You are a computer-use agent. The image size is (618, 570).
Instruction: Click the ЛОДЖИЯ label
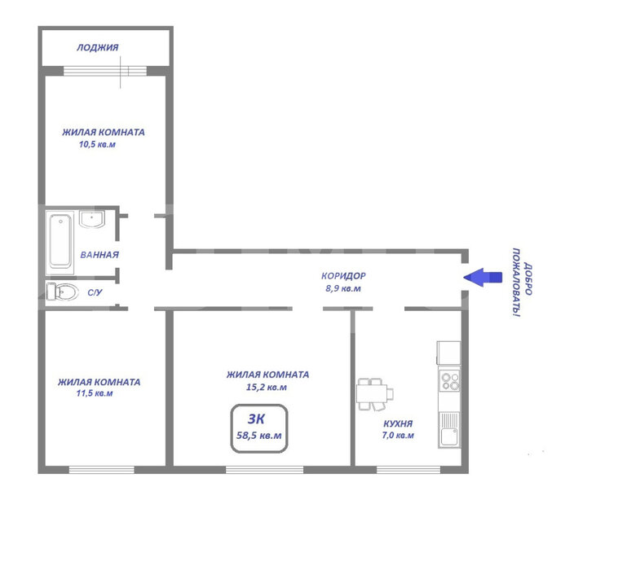click(97, 47)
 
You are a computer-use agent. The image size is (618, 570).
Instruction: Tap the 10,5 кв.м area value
click(97, 144)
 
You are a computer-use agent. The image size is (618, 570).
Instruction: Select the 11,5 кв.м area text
click(95, 393)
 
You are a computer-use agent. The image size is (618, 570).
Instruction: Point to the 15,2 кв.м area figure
click(267, 388)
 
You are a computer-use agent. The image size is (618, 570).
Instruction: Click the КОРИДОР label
click(343, 276)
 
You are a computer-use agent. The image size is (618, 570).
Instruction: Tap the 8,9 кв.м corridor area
click(343, 288)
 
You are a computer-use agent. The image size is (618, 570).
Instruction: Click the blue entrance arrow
click(483, 278)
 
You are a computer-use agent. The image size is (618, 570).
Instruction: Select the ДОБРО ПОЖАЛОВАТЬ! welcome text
click(522, 283)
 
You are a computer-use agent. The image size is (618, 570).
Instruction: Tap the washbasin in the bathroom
click(92, 219)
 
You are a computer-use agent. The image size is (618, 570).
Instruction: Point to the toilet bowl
click(62, 292)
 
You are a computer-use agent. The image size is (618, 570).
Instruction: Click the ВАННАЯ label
click(99, 255)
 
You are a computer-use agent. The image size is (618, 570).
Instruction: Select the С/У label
click(95, 292)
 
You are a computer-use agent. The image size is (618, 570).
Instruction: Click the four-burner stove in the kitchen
click(450, 381)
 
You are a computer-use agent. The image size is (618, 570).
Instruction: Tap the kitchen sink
click(449, 430)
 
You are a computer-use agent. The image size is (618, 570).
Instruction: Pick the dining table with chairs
click(375, 394)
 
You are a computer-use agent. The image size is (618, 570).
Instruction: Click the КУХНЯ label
click(398, 424)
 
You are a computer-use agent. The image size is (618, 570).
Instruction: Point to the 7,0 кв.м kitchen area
click(398, 436)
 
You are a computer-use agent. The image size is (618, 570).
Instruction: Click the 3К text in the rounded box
click(256, 419)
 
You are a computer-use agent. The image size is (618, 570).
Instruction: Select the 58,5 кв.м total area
click(259, 436)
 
